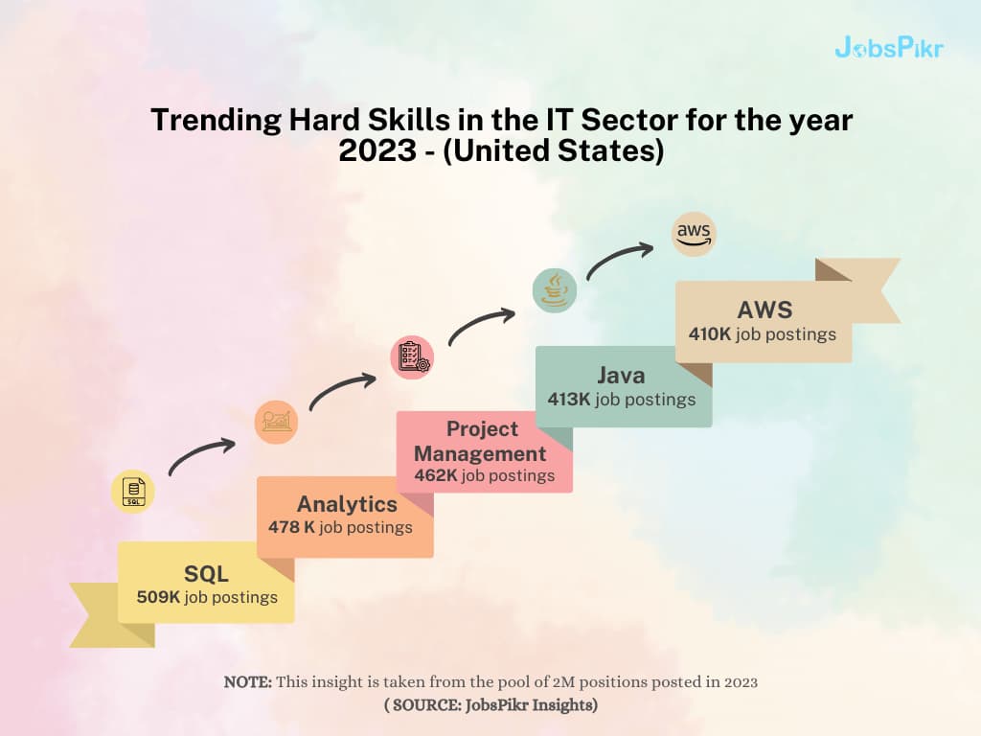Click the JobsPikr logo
click(888, 48)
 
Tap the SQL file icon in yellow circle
click(132, 492)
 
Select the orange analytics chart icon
click(276, 422)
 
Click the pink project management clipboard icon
click(412, 356)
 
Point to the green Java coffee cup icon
click(555, 291)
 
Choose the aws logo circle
click(694, 234)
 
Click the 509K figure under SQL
click(158, 597)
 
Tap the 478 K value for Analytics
click(291, 527)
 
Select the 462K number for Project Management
click(436, 475)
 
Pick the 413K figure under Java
click(569, 400)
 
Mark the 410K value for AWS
click(710, 334)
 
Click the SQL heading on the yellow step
click(206, 574)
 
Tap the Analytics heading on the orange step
click(347, 504)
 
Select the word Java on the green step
click(621, 376)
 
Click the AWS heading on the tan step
click(764, 310)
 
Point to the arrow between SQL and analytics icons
click(199, 452)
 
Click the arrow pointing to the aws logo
click(618, 256)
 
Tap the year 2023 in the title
click(377, 150)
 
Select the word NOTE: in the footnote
click(248, 681)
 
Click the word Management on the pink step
click(480, 453)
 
